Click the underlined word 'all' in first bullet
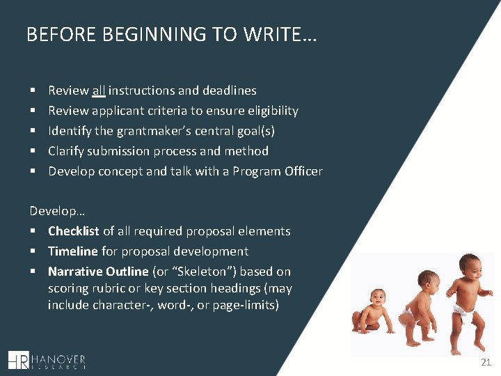click(x=98, y=91)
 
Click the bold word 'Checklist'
click(x=74, y=231)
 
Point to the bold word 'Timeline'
click(x=73, y=251)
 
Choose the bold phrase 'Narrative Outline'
click(x=98, y=272)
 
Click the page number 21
click(x=485, y=363)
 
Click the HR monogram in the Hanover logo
click(x=19, y=359)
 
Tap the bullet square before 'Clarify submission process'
click(x=33, y=151)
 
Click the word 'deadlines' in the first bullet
click(x=229, y=91)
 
